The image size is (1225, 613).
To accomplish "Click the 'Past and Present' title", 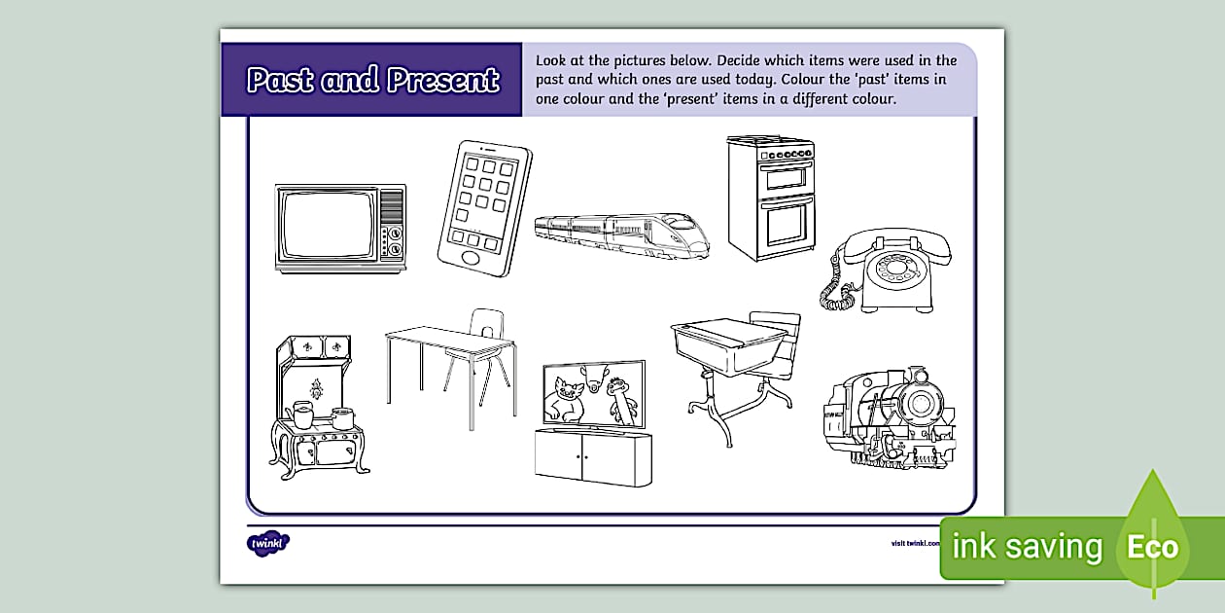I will click(x=373, y=80).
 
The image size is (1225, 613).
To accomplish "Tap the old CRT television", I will click(x=340, y=227).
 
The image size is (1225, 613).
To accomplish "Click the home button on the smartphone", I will click(x=471, y=258).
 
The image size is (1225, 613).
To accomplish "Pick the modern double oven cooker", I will click(x=770, y=198).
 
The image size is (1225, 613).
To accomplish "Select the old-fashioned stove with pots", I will click(x=315, y=404).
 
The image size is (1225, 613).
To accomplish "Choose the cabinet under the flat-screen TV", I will click(x=593, y=453).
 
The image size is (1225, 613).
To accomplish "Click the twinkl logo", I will click(x=268, y=543).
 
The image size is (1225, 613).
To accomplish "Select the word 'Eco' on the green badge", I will click(x=1152, y=547).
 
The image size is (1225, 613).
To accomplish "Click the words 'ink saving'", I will click(x=1027, y=547).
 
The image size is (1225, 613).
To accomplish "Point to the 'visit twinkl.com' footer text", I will click(x=914, y=543).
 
